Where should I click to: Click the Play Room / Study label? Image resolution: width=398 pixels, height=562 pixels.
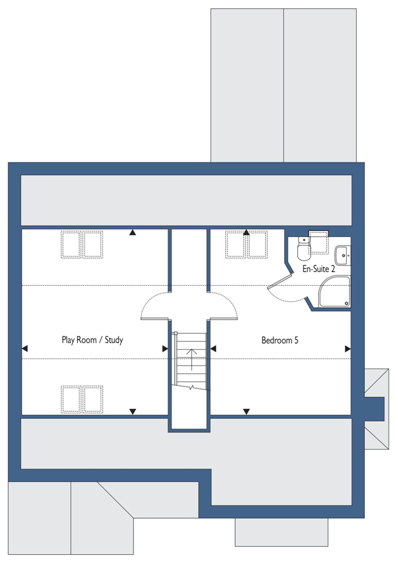(x=92, y=340)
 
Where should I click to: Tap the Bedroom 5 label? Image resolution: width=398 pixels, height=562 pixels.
(x=280, y=340)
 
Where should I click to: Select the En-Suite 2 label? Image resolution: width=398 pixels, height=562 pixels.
(x=319, y=269)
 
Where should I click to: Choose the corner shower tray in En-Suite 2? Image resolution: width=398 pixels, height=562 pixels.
(x=335, y=292)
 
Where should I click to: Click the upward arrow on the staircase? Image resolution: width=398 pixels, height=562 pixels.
(x=192, y=359)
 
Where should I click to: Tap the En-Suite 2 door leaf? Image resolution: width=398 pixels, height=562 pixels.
(x=280, y=280)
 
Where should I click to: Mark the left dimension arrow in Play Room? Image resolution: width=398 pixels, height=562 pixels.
(x=25, y=349)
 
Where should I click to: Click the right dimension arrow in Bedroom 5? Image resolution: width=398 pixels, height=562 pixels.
(x=348, y=349)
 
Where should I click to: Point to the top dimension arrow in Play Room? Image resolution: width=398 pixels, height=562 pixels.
(x=133, y=232)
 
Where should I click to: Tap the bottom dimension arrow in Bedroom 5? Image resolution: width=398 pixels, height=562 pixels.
(x=246, y=412)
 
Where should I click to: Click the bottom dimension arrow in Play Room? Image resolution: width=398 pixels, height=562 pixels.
(x=133, y=412)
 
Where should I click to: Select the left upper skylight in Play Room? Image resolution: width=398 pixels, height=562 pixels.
(x=71, y=245)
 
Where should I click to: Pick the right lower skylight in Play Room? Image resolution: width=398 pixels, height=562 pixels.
(x=93, y=399)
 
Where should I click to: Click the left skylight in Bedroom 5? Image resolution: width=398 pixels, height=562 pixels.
(x=236, y=245)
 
